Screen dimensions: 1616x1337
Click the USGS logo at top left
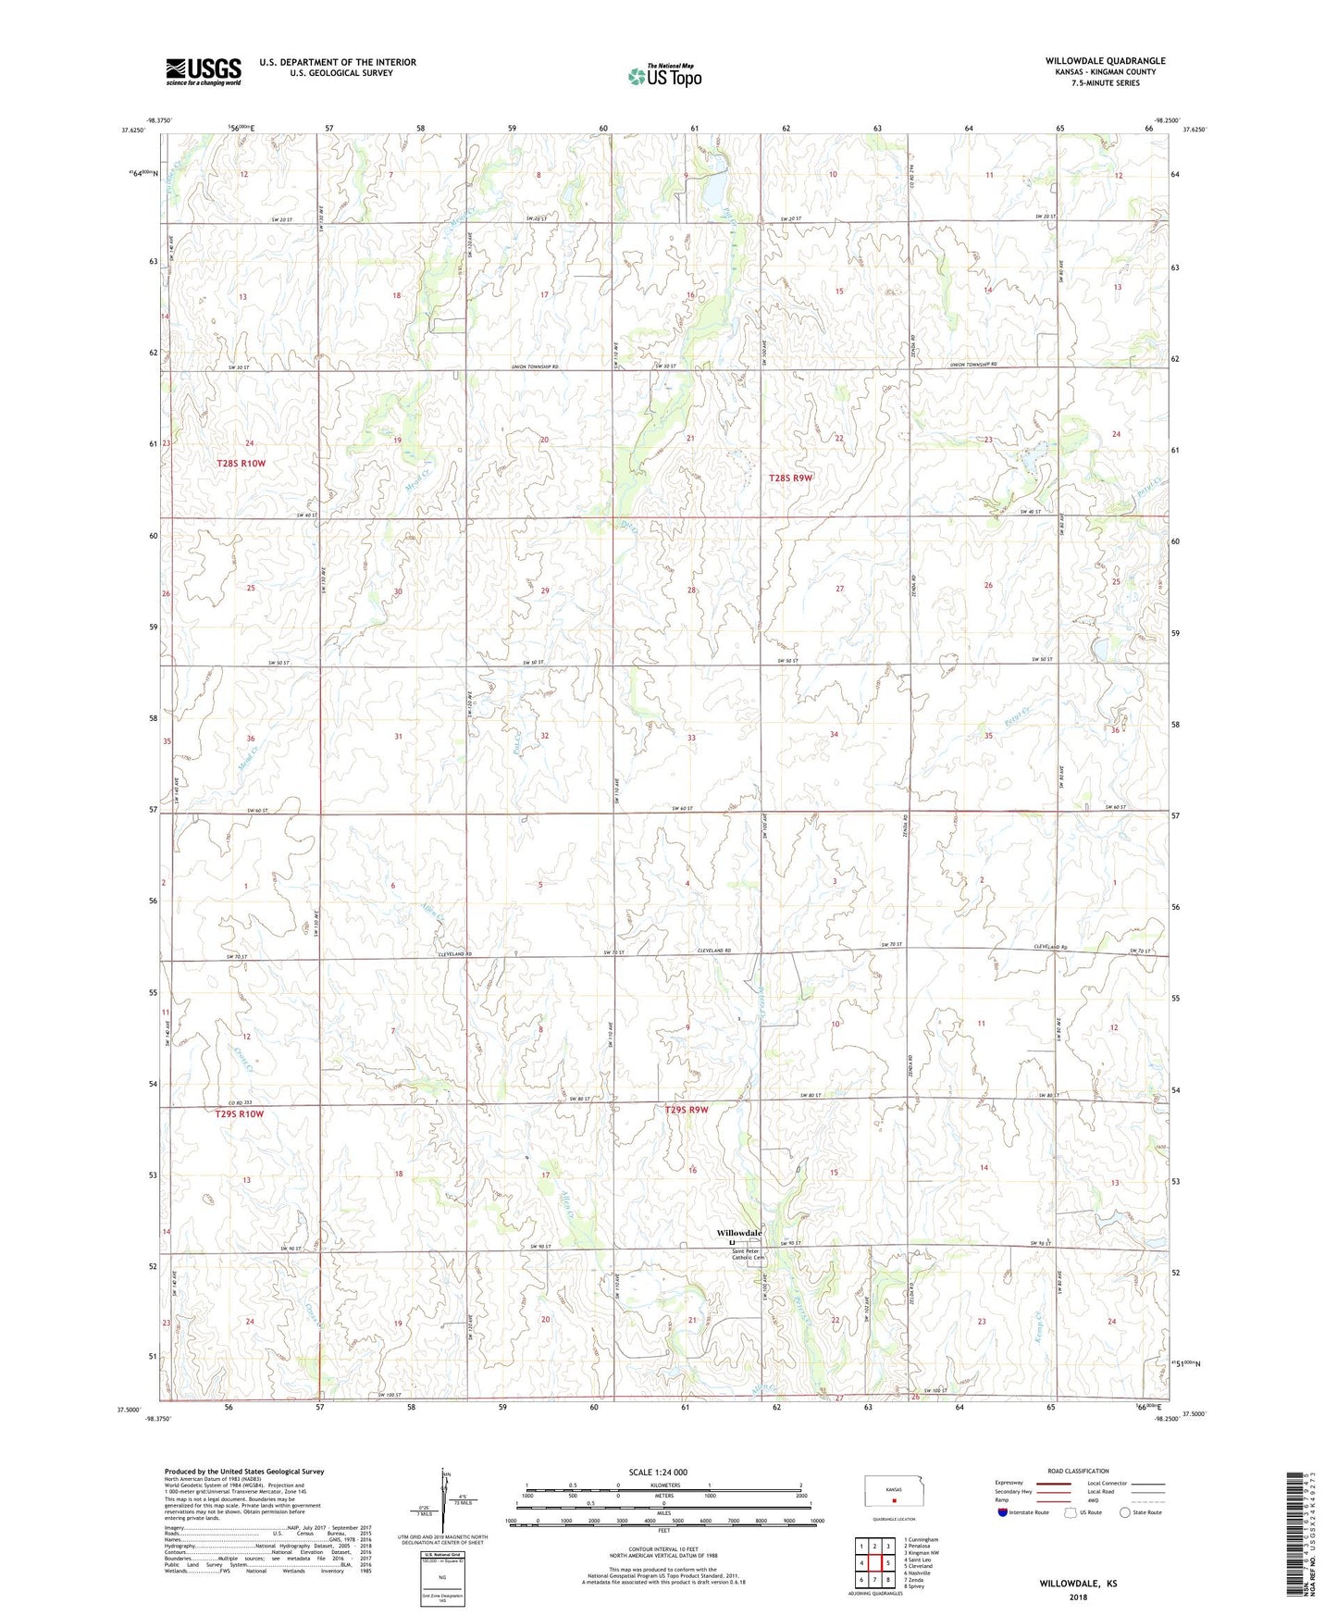pos(204,71)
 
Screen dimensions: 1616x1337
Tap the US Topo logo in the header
pos(664,76)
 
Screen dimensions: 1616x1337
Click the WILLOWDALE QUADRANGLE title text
pos(1105,61)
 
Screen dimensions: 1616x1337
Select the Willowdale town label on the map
pos(739,1234)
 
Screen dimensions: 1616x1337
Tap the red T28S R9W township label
pos(790,479)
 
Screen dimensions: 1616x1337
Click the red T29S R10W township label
pos(240,1114)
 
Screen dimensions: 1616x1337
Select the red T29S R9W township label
pos(687,1109)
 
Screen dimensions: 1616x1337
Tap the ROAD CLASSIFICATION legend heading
pos(1079,1471)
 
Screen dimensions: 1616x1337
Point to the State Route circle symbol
pos(1124,1512)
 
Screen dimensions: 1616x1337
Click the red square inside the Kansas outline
pos(894,1502)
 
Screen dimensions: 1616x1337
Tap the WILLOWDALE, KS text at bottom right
pos(1078,1584)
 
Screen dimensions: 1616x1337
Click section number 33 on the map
pos(691,738)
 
